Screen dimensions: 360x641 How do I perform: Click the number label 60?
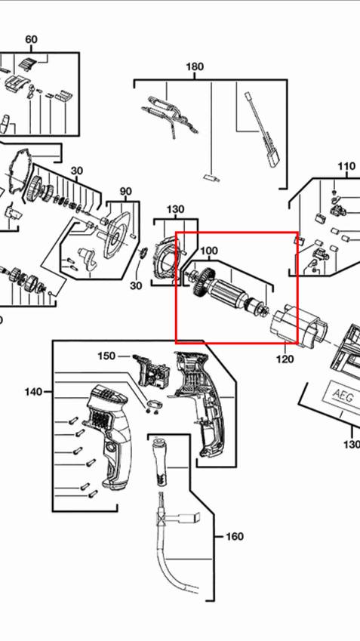(31, 39)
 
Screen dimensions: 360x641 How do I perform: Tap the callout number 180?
(195, 66)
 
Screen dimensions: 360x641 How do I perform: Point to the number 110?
(346, 166)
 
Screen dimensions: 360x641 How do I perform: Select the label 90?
(126, 191)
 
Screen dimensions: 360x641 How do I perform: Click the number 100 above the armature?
(209, 251)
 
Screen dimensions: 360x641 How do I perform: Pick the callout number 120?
(285, 359)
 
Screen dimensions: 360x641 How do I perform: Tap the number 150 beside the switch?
(106, 356)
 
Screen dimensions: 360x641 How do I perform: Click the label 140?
(33, 392)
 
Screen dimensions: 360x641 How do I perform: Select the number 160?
(235, 536)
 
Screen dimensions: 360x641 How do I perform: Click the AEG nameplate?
(343, 396)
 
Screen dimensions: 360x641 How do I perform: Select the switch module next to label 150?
(149, 371)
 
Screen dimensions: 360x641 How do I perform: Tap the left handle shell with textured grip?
(107, 436)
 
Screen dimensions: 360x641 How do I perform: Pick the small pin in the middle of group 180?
(211, 178)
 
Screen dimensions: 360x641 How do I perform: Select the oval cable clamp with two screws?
(155, 403)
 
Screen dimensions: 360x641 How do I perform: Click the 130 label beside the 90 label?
(175, 209)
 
